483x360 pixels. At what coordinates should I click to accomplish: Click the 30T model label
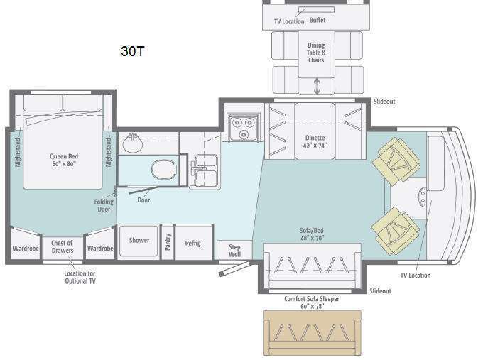132,51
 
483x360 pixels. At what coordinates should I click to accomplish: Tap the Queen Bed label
64,160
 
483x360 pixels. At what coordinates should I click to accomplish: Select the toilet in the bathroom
164,170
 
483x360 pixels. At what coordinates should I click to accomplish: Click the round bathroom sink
133,143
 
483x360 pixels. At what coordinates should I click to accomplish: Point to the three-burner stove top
243,126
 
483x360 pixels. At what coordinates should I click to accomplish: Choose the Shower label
139,240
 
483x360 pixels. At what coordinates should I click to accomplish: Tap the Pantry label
168,241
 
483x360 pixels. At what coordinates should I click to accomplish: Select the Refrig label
192,243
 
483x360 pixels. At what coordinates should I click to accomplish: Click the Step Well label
234,251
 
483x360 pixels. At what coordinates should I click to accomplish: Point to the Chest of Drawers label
63,246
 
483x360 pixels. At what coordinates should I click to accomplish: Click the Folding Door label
104,205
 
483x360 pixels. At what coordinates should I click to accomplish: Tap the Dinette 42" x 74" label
315,142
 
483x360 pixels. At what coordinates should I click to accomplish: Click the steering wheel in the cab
423,195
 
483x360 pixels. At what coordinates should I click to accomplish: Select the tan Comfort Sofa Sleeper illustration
312,333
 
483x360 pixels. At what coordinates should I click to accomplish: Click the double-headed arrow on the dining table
317,86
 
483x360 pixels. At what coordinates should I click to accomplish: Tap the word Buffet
318,21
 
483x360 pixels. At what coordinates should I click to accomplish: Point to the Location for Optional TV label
80,277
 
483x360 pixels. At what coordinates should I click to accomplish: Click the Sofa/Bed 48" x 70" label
312,234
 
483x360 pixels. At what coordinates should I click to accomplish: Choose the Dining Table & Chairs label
316,53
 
